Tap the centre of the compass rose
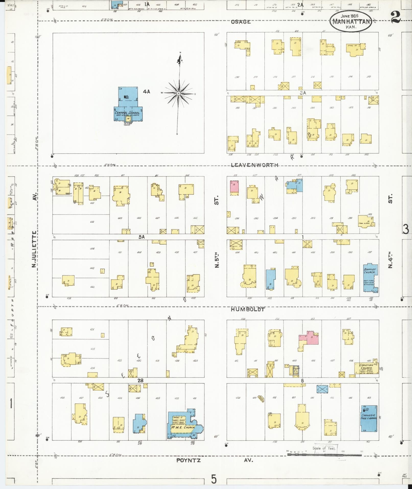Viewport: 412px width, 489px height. (x=179, y=94)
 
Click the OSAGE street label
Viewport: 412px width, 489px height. (x=241, y=22)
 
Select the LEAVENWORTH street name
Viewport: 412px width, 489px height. (x=254, y=165)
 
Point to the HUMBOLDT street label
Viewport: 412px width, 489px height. (x=248, y=310)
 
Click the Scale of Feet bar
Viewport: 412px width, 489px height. (x=324, y=455)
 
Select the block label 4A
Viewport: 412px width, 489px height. (x=147, y=91)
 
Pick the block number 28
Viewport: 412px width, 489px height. (x=140, y=381)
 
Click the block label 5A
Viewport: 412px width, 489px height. (x=142, y=237)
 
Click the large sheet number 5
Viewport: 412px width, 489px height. (x=214, y=479)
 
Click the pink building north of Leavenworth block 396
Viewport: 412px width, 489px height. (x=234, y=187)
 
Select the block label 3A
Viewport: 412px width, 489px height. (x=303, y=93)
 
